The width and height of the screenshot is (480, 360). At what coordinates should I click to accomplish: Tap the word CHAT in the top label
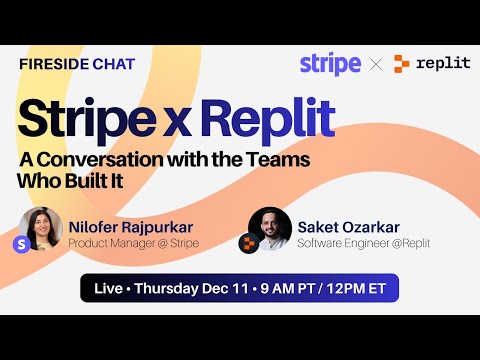[x=114, y=64]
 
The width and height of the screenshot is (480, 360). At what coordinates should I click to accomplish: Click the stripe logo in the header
[x=330, y=64]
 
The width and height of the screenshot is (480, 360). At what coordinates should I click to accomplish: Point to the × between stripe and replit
[x=376, y=64]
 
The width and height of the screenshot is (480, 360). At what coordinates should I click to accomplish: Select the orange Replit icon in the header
[x=402, y=64]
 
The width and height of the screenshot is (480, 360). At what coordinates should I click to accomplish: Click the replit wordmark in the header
[x=443, y=64]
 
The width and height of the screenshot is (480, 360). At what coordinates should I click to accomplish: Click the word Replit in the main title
[x=267, y=119]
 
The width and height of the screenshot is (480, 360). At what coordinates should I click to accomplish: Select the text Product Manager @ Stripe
[x=133, y=243]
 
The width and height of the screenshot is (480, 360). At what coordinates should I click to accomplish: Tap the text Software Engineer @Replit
[x=363, y=243]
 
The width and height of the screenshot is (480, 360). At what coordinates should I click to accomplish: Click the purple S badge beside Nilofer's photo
[x=21, y=242]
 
